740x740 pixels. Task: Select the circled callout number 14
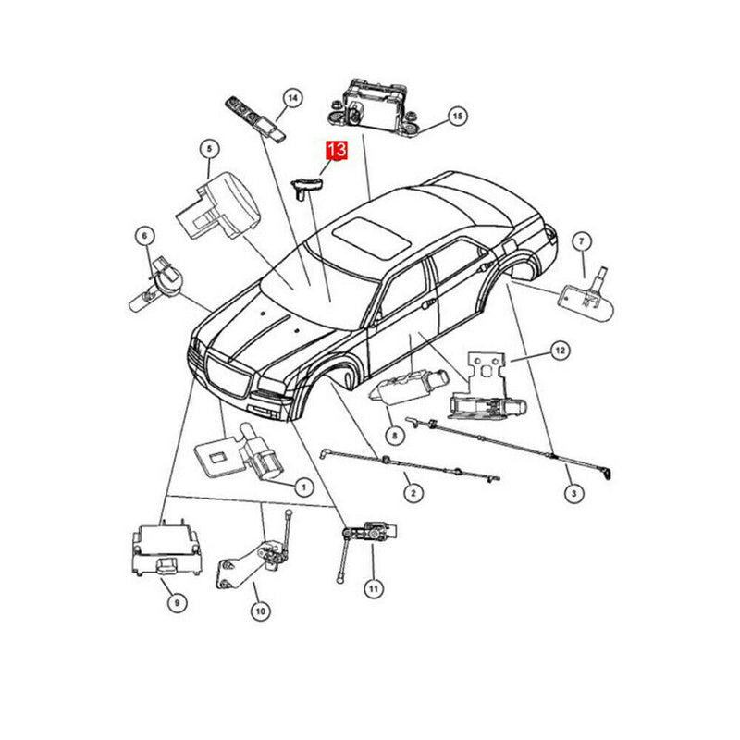coord(291,98)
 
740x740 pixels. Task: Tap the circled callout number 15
coord(456,116)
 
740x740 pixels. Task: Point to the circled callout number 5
coord(209,149)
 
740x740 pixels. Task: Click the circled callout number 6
coord(144,236)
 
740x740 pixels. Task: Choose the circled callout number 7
coord(581,241)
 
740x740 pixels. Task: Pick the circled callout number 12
coord(559,350)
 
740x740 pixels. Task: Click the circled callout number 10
coord(260,610)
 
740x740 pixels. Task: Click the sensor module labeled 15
coord(374,105)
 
